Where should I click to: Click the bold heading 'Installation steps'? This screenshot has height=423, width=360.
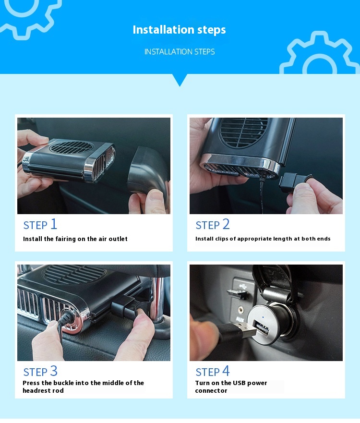point(179,30)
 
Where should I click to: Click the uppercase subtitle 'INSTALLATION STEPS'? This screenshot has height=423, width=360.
point(180,52)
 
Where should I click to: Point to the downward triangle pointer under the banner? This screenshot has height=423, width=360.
point(180,80)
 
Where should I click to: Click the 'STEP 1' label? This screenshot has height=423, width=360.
point(40,224)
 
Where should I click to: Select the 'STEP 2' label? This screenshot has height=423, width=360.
point(213,224)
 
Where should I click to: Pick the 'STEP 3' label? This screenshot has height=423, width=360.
point(40,371)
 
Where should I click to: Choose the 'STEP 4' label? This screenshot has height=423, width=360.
point(213,371)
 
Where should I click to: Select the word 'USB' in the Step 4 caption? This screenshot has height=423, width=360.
point(240,383)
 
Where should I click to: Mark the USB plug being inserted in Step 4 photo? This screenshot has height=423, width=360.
point(245,331)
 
